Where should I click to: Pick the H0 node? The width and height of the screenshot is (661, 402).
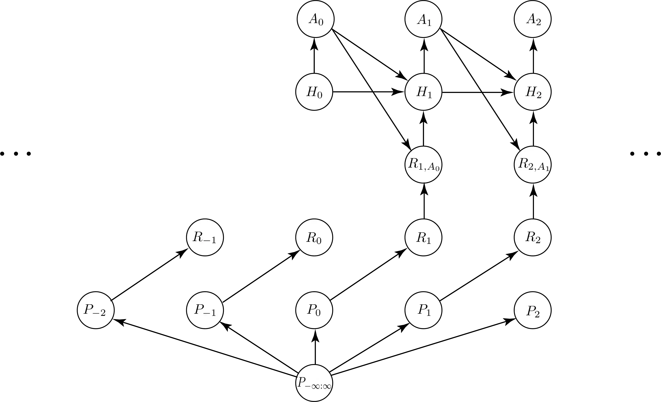click(x=314, y=92)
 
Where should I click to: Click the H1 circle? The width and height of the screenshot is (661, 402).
click(x=424, y=92)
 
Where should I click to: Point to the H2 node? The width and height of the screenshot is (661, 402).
click(x=533, y=92)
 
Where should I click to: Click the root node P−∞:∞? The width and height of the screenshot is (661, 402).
click(x=314, y=383)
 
